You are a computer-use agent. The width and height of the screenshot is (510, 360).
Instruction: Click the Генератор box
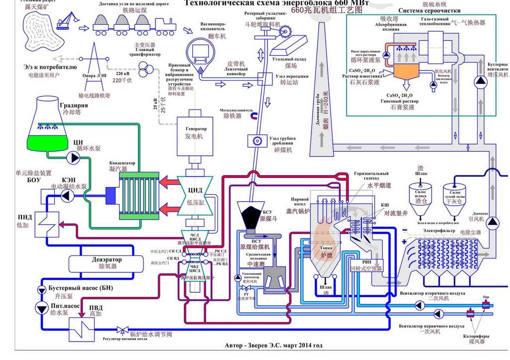(196, 132)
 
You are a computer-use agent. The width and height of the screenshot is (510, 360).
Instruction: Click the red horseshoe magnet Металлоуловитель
(254, 116)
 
